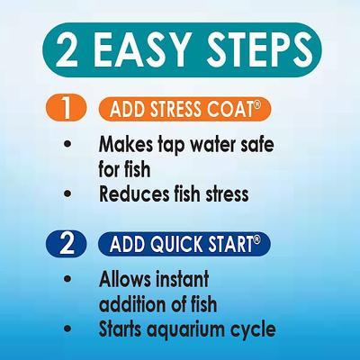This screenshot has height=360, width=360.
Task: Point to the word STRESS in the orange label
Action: tap(179, 110)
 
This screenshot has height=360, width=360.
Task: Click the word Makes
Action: tap(128, 145)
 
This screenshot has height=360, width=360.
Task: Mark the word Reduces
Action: tap(138, 193)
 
